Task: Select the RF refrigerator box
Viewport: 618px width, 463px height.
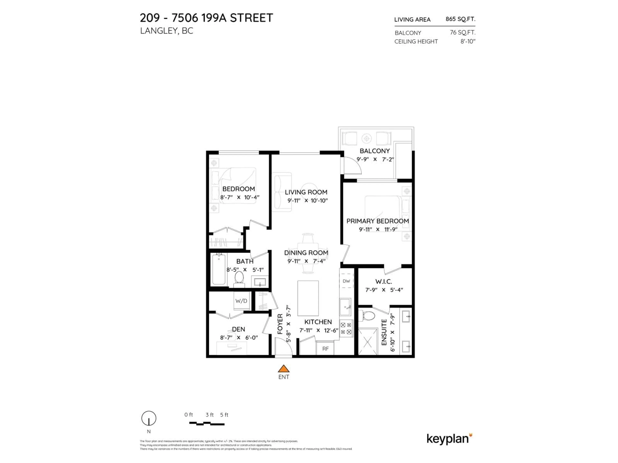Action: click(325, 349)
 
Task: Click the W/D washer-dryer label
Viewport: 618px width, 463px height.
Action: click(241, 301)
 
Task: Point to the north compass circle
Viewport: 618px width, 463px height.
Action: click(149, 418)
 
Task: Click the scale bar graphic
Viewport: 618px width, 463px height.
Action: click(207, 424)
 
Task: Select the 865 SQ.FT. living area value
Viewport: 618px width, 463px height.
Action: click(460, 19)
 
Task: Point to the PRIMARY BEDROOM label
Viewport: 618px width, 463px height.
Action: click(377, 221)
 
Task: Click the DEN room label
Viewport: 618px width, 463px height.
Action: click(238, 329)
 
